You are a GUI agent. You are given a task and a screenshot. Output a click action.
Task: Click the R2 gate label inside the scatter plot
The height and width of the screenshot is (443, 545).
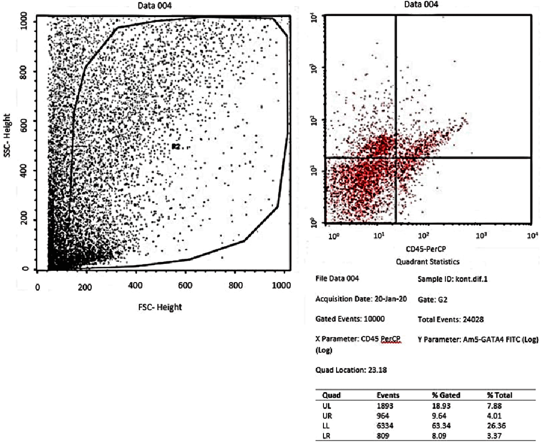176,146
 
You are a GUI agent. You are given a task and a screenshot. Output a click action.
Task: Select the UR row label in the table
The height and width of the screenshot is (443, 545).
328,415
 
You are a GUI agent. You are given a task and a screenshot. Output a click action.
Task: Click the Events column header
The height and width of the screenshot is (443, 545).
388,395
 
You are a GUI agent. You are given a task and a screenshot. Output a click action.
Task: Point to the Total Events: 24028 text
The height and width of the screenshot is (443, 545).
451,319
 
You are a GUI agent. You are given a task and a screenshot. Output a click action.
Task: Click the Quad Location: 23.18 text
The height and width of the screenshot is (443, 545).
348,370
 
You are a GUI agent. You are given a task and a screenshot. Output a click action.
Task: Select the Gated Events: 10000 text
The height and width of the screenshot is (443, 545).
349,319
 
